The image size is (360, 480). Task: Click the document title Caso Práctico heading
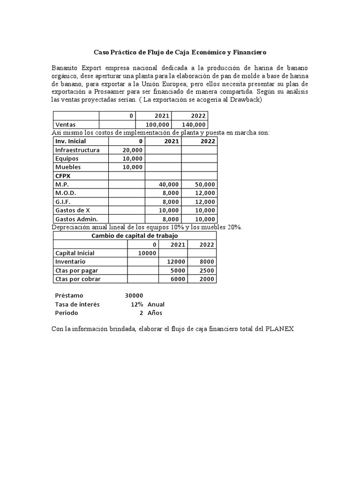click(180, 52)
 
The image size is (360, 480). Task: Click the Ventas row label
click(65, 125)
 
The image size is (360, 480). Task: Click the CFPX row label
click(63, 176)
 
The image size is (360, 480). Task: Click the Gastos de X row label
click(73, 210)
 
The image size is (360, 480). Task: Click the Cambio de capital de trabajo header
click(135, 236)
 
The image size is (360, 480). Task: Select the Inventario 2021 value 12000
click(176, 262)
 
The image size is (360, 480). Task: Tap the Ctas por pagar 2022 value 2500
click(206, 270)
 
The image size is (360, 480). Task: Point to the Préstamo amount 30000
click(134, 295)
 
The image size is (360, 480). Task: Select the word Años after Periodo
click(155, 313)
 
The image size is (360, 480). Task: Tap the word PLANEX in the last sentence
click(279, 329)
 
